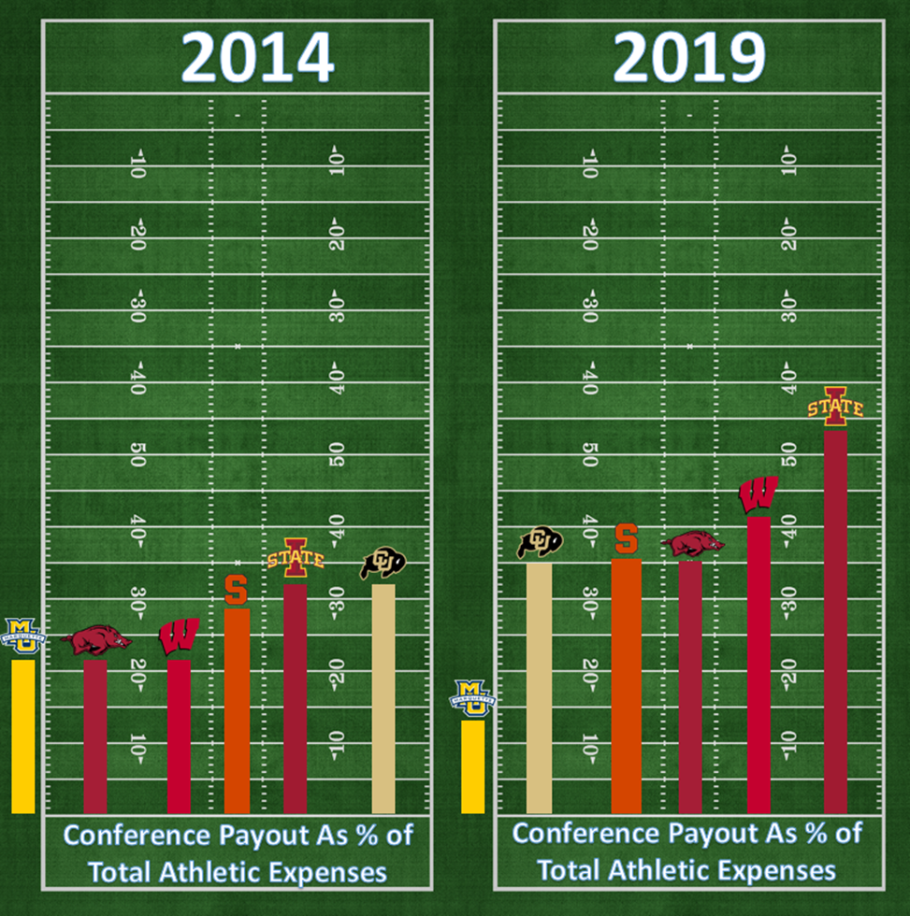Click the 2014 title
pyautogui.click(x=257, y=58)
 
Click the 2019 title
pyautogui.click(x=689, y=58)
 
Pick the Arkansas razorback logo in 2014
pyautogui.click(x=96, y=641)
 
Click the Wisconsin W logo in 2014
pyautogui.click(x=179, y=637)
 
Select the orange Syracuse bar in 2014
pyautogui.click(x=237, y=710)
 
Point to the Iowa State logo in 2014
pyautogui.click(x=296, y=558)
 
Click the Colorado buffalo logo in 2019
pyautogui.click(x=540, y=542)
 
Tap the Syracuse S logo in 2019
pyautogui.click(x=626, y=538)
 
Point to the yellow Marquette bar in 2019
pyautogui.click(x=472, y=766)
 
